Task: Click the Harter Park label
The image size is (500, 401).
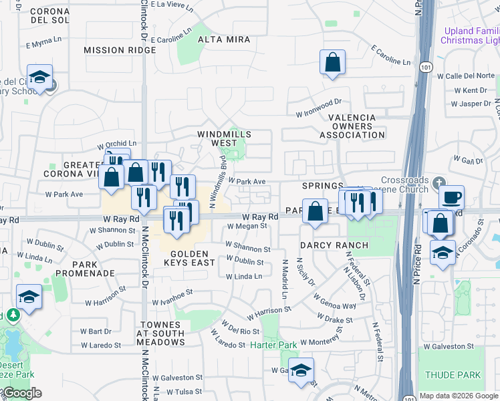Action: coord(273,345)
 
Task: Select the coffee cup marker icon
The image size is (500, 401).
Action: coord(451,197)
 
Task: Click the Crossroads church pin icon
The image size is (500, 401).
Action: coord(438,182)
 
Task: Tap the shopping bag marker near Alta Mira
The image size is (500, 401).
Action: coord(332,63)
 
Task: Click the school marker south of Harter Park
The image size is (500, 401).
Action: coord(301,370)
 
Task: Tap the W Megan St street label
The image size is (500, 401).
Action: coord(247,226)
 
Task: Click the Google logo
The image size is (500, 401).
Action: coord(21,393)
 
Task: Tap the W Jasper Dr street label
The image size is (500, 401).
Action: coord(471,104)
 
